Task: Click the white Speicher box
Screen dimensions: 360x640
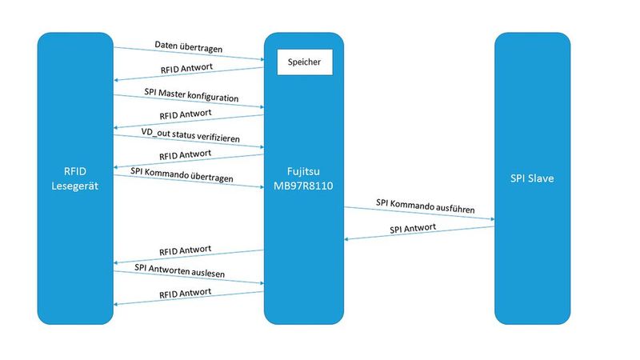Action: point(304,62)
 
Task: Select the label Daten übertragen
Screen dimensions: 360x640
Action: point(189,48)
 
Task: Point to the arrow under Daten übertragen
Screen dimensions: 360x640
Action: point(189,53)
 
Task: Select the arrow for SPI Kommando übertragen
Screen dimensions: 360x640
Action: point(189,181)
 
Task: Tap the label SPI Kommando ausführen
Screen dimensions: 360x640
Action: point(425,209)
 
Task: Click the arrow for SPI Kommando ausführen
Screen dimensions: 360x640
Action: point(419,214)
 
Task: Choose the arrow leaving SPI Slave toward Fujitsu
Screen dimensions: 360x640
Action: point(419,233)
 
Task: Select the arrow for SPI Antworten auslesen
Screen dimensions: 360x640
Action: point(189,276)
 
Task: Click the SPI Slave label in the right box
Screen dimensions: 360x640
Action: point(531,178)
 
